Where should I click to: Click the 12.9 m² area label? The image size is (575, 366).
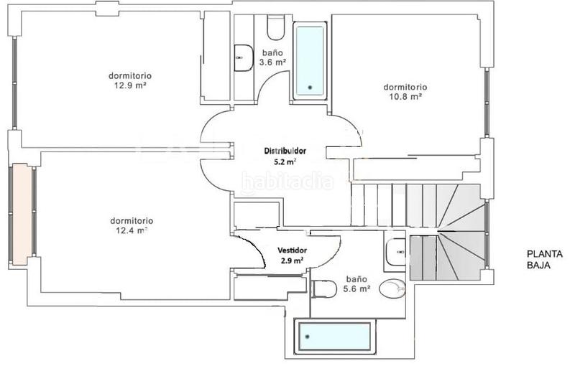[x=130, y=85]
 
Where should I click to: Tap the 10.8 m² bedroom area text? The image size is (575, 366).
[x=405, y=97]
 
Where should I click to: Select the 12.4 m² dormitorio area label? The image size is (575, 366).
[x=132, y=230]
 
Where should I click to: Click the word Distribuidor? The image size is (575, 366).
[x=285, y=151]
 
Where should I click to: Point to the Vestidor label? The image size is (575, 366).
[x=293, y=250]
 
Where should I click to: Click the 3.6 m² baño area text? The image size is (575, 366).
[x=273, y=62]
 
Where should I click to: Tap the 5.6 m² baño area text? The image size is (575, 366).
[x=356, y=289]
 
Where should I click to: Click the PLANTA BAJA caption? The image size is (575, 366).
[x=545, y=260]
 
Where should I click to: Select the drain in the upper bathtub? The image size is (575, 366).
[x=310, y=87]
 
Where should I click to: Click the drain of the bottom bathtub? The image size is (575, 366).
[x=308, y=337]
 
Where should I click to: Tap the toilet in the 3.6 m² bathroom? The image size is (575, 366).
[x=276, y=27]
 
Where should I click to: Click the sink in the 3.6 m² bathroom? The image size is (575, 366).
[x=244, y=58]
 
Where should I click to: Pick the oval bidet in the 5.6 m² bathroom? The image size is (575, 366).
[x=392, y=288]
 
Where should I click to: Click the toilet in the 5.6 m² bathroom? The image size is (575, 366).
[x=324, y=289]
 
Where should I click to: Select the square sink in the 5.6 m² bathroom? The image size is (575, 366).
[x=396, y=252]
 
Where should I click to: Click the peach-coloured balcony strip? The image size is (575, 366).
[x=22, y=215]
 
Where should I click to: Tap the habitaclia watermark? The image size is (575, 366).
[x=287, y=182]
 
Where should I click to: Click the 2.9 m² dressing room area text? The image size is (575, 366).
[x=292, y=261]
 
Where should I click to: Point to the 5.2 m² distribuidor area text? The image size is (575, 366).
[x=285, y=161]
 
